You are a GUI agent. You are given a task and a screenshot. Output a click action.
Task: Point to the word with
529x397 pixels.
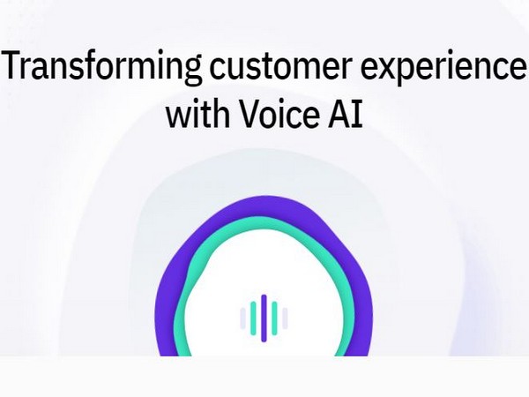pyautogui.click(x=197, y=115)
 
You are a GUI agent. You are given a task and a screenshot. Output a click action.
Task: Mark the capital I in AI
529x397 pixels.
pyautogui.click(x=357, y=115)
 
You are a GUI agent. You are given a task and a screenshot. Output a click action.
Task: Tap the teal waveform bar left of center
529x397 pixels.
pyautogui.click(x=253, y=318)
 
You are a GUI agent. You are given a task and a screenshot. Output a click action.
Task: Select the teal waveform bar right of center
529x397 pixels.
pyautogui.click(x=274, y=318)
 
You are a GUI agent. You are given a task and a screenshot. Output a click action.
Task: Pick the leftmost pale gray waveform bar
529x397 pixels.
pyautogui.click(x=243, y=318)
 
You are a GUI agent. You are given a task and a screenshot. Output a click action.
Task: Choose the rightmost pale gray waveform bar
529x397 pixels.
pyautogui.click(x=285, y=318)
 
